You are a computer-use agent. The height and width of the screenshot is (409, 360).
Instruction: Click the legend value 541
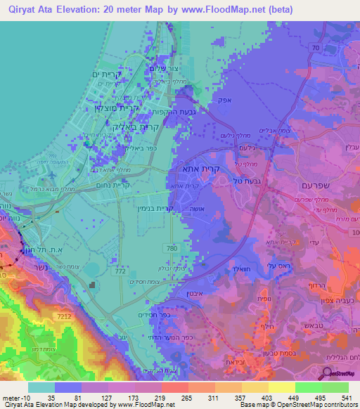tap(347, 397)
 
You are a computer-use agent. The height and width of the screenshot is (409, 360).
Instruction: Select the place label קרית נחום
tap(112, 187)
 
